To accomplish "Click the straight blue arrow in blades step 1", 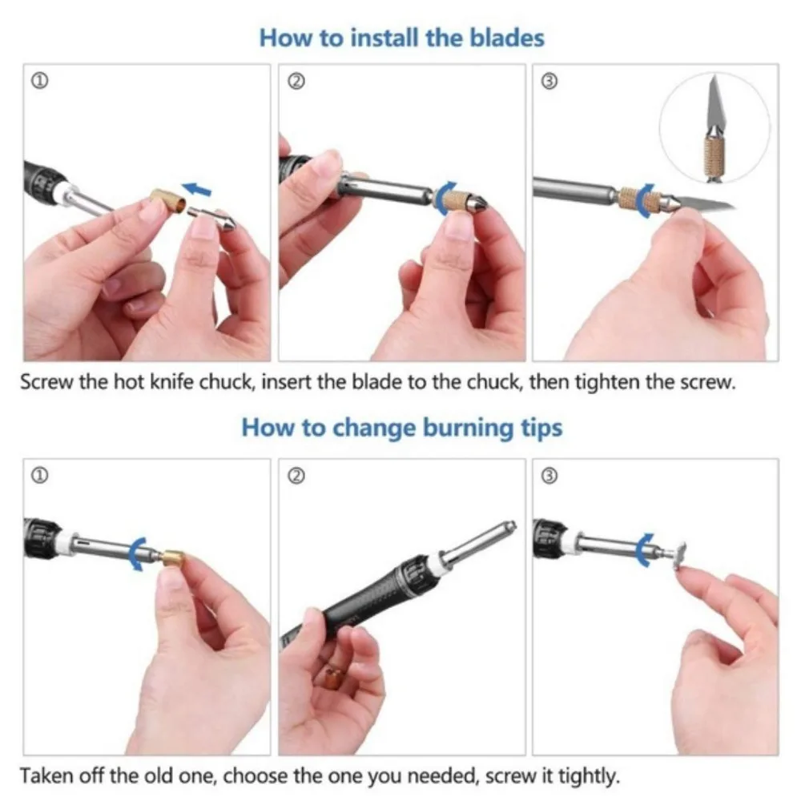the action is coord(197,190).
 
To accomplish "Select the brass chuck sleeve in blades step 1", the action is coord(167,200).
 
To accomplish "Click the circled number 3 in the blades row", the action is coord(549,81).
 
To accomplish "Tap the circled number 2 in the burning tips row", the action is coord(296,476).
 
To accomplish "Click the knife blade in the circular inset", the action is coord(714,102).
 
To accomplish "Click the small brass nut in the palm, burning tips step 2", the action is coord(334,678).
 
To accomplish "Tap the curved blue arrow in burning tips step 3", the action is coord(642,549).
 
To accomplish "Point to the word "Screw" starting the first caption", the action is coord(46,381).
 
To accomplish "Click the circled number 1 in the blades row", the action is coord(40,81).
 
